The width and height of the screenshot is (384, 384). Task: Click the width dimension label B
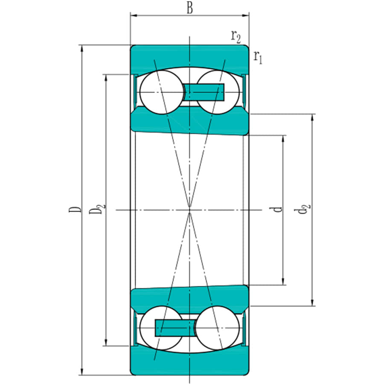[x=189, y=8]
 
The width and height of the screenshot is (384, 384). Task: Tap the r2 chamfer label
[x=236, y=37]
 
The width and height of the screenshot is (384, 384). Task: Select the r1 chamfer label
[x=258, y=56]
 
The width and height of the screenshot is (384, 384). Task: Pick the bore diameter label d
[x=278, y=209]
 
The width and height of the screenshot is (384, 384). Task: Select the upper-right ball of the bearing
[x=217, y=92]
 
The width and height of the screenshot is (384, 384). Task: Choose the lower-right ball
[x=217, y=328]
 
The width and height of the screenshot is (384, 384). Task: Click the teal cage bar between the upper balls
[x=204, y=92]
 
